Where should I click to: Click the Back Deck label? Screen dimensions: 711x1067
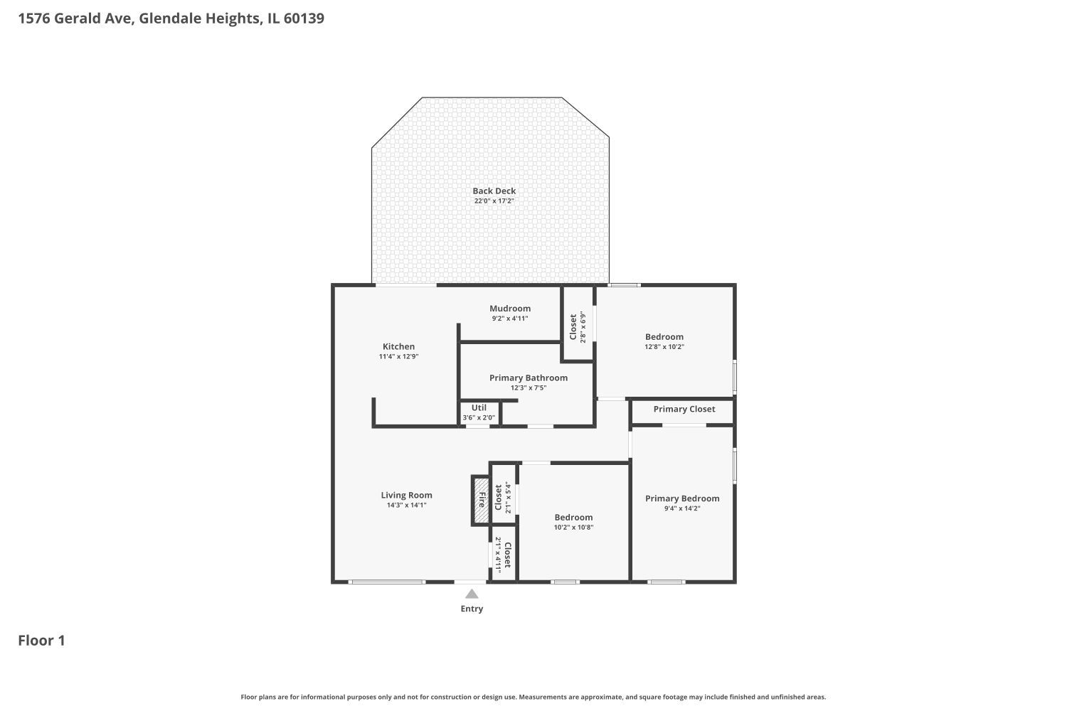pos(494,191)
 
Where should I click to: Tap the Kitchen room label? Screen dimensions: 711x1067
pos(398,346)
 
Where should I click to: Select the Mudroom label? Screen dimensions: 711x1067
pos(509,308)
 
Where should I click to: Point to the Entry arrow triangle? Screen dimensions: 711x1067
pos(472,594)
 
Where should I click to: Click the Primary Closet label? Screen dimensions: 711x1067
pos(684,409)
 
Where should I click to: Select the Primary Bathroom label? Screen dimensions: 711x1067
pos(528,378)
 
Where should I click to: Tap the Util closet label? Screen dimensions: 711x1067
pos(479,407)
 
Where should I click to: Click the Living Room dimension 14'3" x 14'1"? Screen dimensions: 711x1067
pos(406,506)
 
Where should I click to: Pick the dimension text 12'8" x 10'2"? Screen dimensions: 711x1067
pos(664,347)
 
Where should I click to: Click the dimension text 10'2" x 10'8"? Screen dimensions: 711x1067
pos(573,528)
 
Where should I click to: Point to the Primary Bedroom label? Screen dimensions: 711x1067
pos(681,498)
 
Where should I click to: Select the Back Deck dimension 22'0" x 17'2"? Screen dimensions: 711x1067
pos(494,201)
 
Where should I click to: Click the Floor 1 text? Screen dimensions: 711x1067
pos(41,641)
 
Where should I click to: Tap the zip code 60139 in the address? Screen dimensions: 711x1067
pos(304,18)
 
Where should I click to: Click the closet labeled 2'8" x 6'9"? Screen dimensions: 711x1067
pos(577,326)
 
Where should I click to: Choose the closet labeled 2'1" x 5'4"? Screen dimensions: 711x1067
pos(503,498)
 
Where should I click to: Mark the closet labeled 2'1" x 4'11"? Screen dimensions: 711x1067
pos(503,555)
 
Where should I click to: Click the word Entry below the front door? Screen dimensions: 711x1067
pos(472,609)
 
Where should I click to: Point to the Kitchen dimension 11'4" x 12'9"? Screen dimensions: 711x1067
pos(398,357)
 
